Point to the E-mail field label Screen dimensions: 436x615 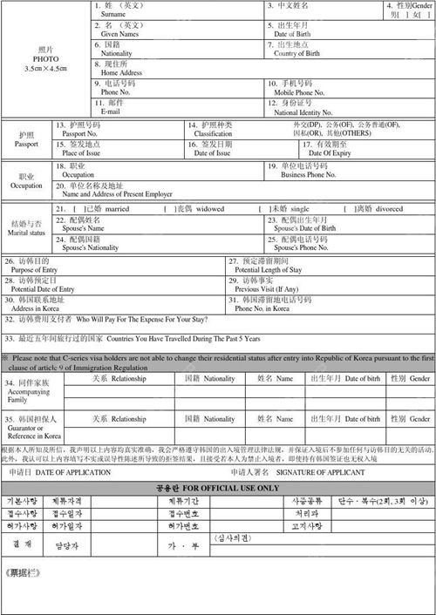(111, 112)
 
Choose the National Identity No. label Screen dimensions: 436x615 (303, 112)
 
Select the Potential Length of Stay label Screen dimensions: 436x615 (270, 270)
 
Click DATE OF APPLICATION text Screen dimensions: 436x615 (72, 472)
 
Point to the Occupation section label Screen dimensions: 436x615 (25, 186)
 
